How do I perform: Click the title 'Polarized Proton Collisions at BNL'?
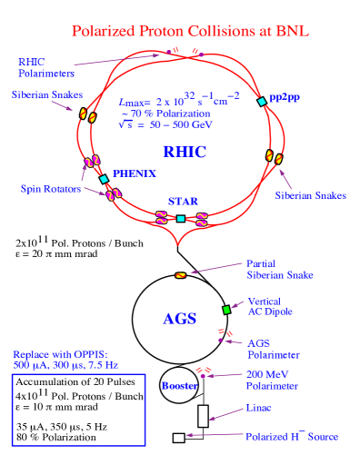point(190,32)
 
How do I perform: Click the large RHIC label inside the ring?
point(184,152)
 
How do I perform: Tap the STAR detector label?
point(183,201)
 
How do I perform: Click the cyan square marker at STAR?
point(181,219)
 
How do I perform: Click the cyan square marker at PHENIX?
point(104,179)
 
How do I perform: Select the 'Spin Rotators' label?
point(51,189)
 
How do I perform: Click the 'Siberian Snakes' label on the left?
point(47,94)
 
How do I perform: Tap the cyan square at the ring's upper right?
point(262,102)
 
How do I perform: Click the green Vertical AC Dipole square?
point(227,310)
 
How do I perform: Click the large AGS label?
point(180,320)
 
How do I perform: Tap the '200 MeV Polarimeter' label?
point(272,381)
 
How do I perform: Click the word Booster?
point(179,386)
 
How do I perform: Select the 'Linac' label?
point(259,409)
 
